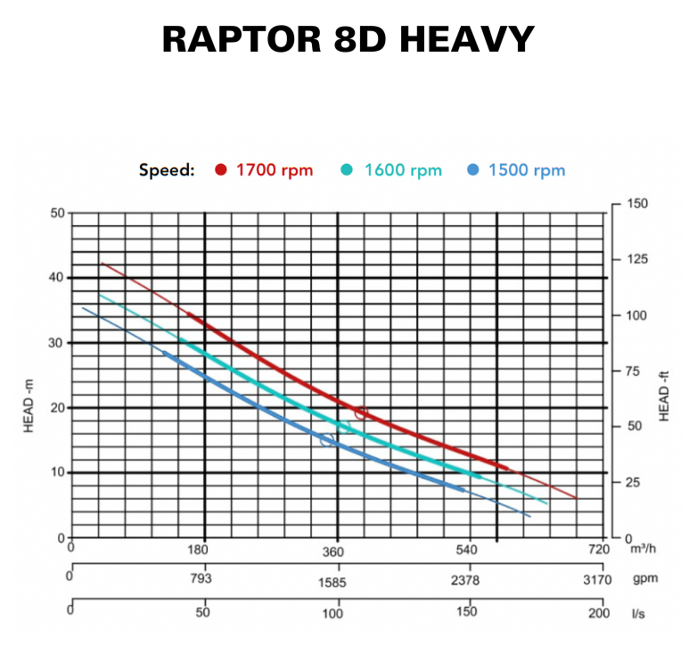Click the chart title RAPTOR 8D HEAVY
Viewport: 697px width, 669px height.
tap(348, 40)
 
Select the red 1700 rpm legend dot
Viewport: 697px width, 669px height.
tap(221, 170)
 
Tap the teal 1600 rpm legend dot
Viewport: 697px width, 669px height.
tap(348, 170)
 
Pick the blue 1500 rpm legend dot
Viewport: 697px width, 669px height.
tap(473, 170)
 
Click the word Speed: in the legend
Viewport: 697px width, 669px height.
tap(167, 170)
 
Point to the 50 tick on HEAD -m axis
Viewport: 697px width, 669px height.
tap(57, 213)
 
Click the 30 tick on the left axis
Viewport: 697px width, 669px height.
tap(57, 343)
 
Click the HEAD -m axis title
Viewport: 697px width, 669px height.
tap(29, 405)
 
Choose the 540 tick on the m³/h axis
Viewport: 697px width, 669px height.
tap(467, 551)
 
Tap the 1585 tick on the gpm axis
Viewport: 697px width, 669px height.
tap(333, 583)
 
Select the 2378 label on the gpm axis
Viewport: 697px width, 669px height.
tap(465, 580)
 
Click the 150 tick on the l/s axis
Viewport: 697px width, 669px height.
tap(465, 612)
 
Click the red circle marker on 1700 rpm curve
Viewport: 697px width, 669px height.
tap(361, 412)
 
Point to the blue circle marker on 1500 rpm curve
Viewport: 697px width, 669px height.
tap(327, 440)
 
